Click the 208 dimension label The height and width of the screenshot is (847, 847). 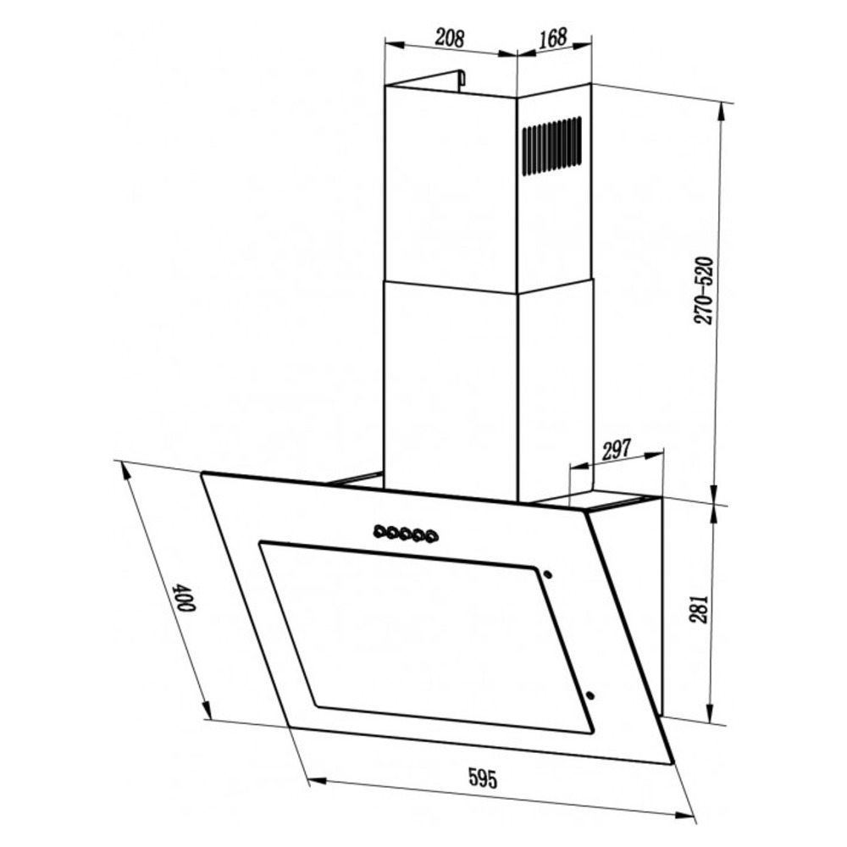point(450,37)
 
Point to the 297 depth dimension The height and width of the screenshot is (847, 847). point(616,451)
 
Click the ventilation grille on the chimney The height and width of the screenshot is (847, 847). point(551,146)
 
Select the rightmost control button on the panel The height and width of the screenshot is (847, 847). point(433,535)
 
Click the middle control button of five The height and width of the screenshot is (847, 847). point(405,534)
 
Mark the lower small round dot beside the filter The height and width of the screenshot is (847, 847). point(590,695)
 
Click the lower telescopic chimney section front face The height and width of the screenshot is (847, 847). point(450,390)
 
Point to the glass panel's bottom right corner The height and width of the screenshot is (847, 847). point(673,764)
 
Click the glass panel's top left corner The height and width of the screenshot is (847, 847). point(202,474)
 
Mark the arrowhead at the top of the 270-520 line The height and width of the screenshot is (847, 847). point(722,108)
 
